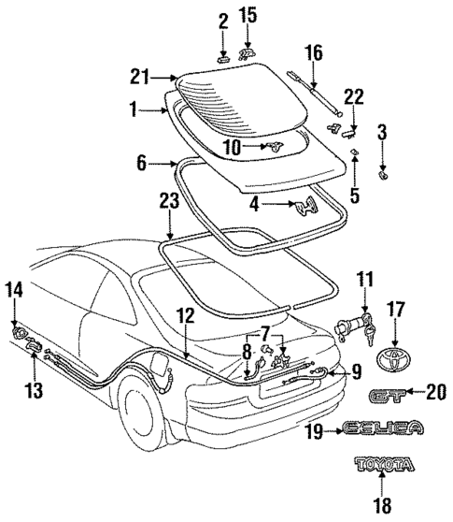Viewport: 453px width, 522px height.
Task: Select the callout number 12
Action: coord(188,317)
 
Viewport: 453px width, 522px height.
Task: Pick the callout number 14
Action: coord(13,291)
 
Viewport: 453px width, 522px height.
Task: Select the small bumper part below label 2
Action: coord(222,57)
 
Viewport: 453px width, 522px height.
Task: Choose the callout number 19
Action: coord(317,429)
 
